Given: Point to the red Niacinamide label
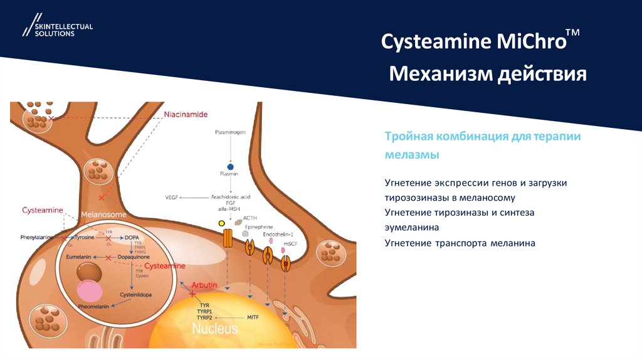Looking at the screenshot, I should tap(186, 114).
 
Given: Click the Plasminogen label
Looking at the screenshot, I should tap(230, 134).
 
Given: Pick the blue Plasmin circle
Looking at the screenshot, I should tap(230, 166).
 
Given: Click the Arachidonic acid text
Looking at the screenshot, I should tap(230, 197).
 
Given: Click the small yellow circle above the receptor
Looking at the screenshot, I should tap(221, 223).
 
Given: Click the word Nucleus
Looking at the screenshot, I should tap(214, 328).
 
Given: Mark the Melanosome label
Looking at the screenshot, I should tap(94, 213).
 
